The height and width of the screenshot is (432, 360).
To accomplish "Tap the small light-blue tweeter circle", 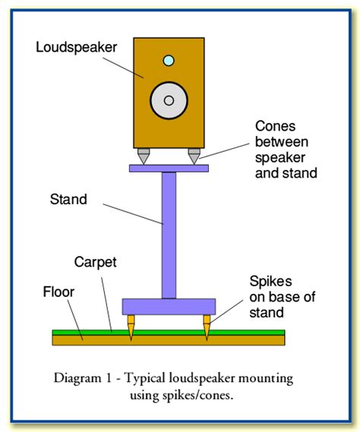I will (169, 61).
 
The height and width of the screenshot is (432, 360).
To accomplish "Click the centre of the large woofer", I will (169, 99).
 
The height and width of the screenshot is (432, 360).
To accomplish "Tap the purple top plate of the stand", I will (169, 168).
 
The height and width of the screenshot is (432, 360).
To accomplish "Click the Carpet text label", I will (95, 262).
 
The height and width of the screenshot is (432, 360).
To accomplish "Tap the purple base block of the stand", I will (169, 307).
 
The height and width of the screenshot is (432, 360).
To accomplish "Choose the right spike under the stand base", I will (206, 327).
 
